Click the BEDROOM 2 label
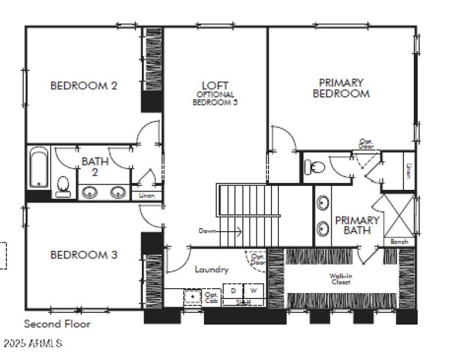coord(84,86)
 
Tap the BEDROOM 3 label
coord(84,254)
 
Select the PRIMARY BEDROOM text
coord(341,88)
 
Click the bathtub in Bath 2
coord(40,168)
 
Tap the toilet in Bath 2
coord(63,186)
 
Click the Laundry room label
coord(212,269)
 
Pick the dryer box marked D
coord(233,290)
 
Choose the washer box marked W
coord(253,290)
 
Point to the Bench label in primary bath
coord(399,242)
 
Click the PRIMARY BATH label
coord(357,225)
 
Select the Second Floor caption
coord(57,324)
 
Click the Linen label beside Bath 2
coord(147,196)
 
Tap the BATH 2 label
coord(94,166)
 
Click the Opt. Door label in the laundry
coord(257,259)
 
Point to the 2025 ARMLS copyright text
coord(33,343)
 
